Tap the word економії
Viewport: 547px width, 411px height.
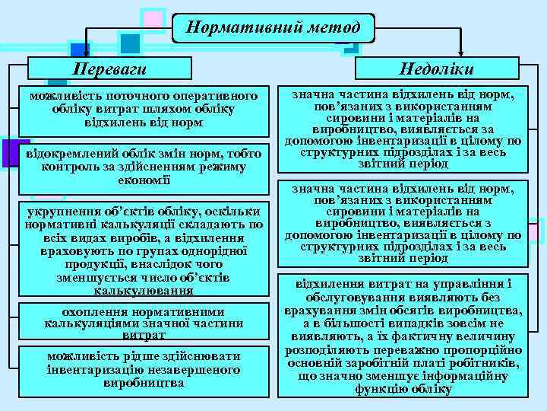144,180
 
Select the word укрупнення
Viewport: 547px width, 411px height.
62,212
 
